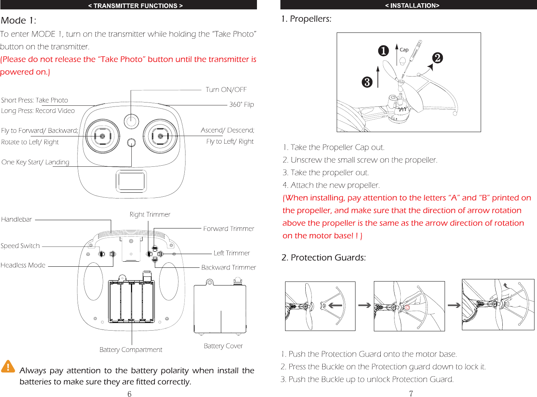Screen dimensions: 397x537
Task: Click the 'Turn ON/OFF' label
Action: pyautogui.click(x=226, y=90)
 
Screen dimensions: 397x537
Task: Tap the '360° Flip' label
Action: pyautogui.click(x=241, y=104)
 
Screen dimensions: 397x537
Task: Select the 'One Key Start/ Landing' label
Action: pyautogui.click(x=35, y=162)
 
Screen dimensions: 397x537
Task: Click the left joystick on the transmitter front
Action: pyautogui.click(x=102, y=136)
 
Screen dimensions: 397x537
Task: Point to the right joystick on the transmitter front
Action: pyautogui.click(x=160, y=136)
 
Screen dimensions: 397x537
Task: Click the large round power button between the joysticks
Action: pyautogui.click(x=131, y=121)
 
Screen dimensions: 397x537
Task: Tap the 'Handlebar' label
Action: pyautogui.click(x=17, y=219)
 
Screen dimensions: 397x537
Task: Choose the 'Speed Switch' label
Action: pyautogui.click(x=20, y=246)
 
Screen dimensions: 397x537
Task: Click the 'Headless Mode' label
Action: pyautogui.click(x=23, y=265)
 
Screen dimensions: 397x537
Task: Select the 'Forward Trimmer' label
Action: pyautogui.click(x=228, y=228)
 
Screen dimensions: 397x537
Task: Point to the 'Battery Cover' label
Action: pyautogui.click(x=223, y=346)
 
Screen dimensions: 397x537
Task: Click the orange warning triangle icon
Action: pyautogui.click(x=8, y=366)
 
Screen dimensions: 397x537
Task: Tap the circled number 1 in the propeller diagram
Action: pyautogui.click(x=383, y=51)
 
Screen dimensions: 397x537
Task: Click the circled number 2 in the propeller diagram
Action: pyautogui.click(x=437, y=58)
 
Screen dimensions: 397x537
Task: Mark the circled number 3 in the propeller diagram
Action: pyautogui.click(x=367, y=82)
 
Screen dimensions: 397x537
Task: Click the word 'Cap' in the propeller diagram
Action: pyautogui.click(x=404, y=50)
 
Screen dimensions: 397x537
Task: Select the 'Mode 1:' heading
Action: pyautogui.click(x=18, y=21)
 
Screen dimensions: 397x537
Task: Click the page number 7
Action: pyautogui.click(x=411, y=393)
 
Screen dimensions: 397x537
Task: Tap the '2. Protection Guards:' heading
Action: pyautogui.click(x=323, y=257)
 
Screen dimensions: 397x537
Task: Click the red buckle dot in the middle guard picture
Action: pyautogui.click(x=407, y=307)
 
